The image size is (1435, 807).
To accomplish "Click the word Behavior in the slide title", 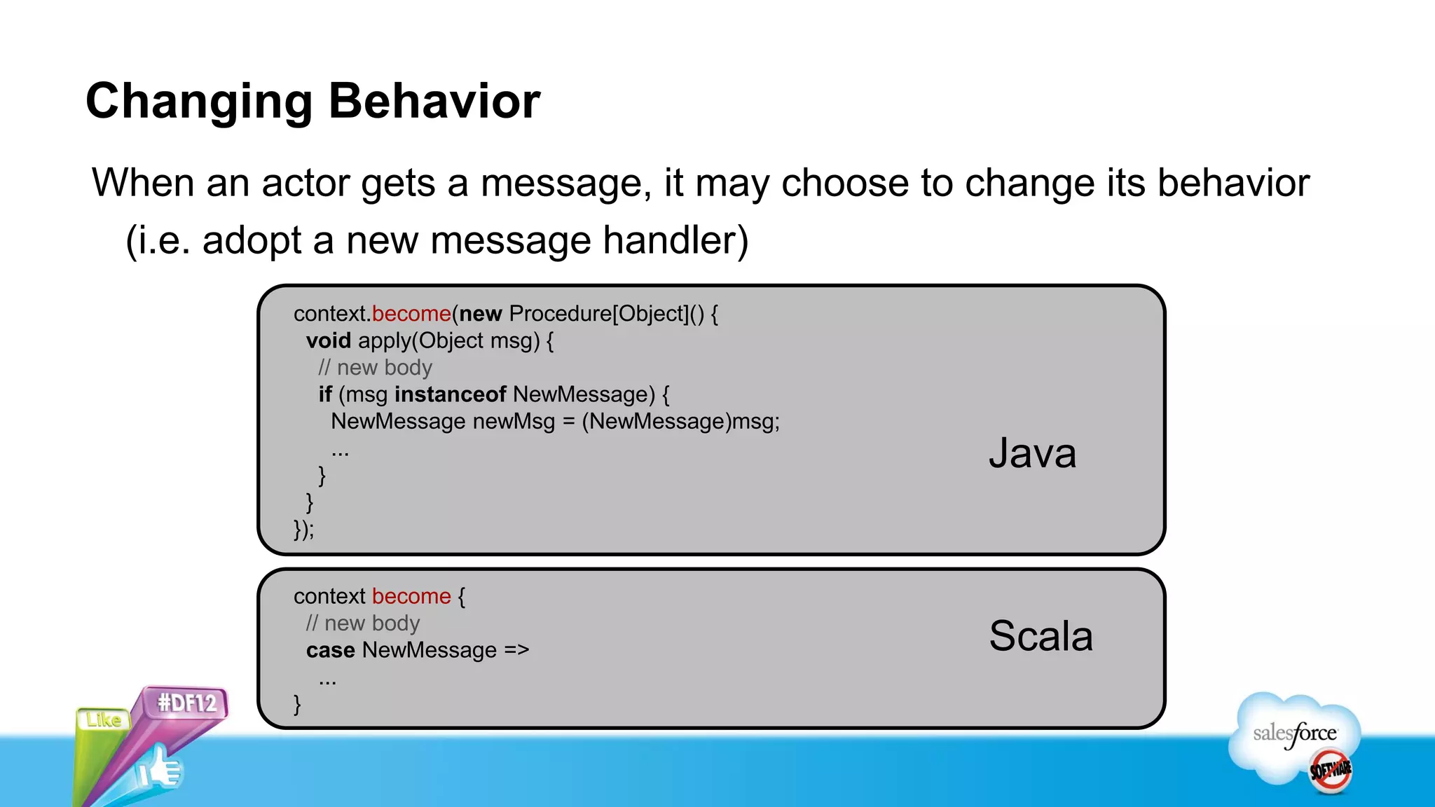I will (x=434, y=101).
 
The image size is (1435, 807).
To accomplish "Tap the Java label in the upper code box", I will (x=1032, y=453).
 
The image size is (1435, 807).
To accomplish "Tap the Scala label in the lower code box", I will (x=1041, y=636).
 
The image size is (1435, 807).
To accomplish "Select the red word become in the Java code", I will (x=411, y=314).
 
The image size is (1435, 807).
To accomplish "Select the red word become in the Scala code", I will (x=411, y=596).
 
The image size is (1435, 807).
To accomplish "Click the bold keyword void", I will (x=328, y=341).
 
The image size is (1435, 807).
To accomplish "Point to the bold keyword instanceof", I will (x=451, y=394).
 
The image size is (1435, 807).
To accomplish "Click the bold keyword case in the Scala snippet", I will (x=330, y=650).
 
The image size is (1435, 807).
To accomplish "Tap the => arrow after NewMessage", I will (x=516, y=650).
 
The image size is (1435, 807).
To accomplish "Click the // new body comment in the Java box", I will (x=375, y=368).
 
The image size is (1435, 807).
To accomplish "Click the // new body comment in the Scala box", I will (x=362, y=623).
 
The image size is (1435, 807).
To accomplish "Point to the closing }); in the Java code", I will (x=303, y=529).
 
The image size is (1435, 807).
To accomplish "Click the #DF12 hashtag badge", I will (x=186, y=703).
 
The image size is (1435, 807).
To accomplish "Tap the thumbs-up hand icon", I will (x=160, y=769).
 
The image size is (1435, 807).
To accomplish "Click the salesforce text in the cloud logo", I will (x=1294, y=733).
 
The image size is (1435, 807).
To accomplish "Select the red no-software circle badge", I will (x=1330, y=771).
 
